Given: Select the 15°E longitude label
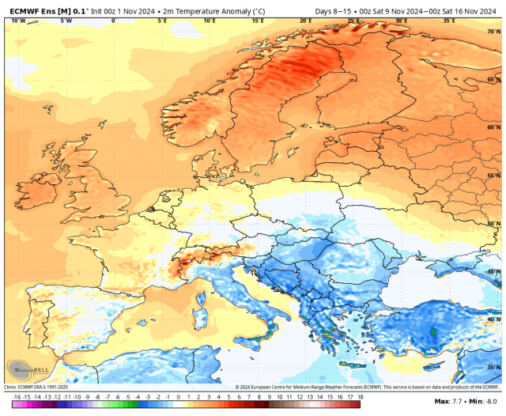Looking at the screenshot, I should point(258,21).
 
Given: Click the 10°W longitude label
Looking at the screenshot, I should point(18,21).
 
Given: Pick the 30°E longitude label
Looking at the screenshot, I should point(401,21).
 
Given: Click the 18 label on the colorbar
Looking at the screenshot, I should point(360,395).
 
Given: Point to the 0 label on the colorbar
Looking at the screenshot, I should point(179,395).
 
